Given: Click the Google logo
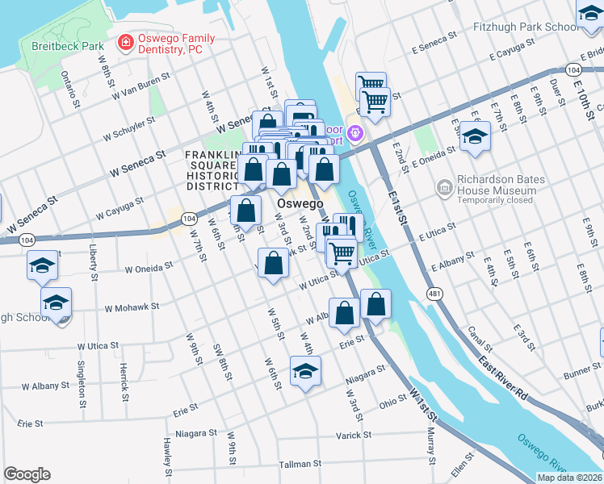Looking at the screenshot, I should click(x=27, y=474).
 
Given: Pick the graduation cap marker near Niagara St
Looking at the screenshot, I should click(x=306, y=372).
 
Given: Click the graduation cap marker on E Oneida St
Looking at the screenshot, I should click(x=476, y=136).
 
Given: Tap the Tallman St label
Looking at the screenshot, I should click(x=300, y=465).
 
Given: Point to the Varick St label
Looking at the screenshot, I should click(x=354, y=435).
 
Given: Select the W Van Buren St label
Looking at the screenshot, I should click(x=141, y=87).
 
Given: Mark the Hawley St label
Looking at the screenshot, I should click(x=168, y=457).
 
